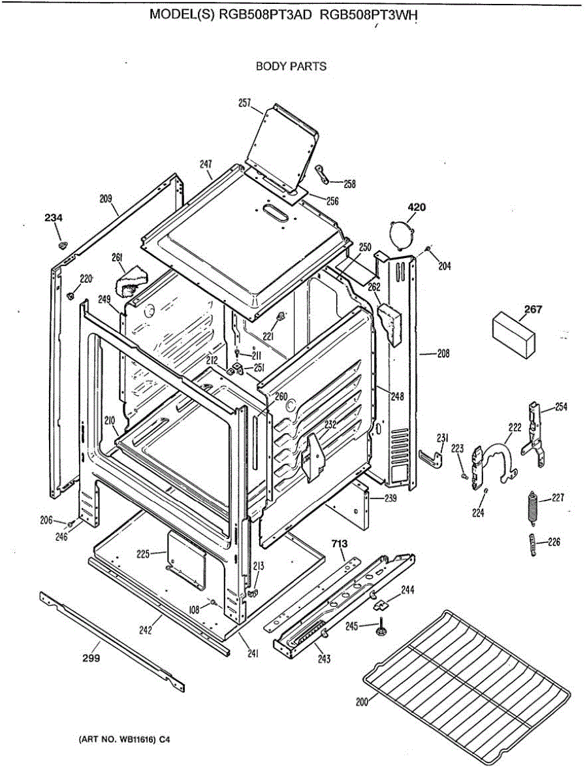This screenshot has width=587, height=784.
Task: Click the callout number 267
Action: point(533,309)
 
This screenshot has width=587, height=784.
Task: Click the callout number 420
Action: point(417,208)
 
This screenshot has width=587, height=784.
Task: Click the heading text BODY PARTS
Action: point(291,66)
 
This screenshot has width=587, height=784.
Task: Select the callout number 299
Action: point(91,658)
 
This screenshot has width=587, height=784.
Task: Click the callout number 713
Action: point(339,544)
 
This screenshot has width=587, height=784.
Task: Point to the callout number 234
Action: point(54,218)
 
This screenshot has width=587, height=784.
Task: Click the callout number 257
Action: point(245,103)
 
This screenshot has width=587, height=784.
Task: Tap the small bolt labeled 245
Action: point(379,630)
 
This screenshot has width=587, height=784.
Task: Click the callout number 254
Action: point(561,407)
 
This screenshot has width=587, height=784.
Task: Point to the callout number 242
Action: point(145,630)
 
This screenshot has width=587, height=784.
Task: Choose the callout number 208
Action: point(443,354)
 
